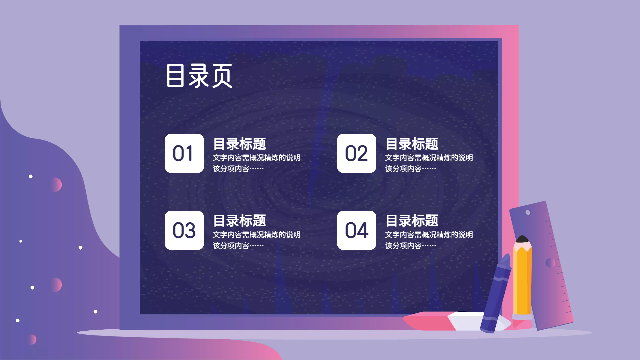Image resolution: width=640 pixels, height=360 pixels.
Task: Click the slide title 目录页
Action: [x=199, y=76]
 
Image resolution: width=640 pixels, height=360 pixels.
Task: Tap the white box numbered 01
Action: [x=184, y=153]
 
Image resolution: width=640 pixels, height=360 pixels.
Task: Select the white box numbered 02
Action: [x=357, y=153]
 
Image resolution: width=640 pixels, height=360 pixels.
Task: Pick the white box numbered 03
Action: [x=184, y=230]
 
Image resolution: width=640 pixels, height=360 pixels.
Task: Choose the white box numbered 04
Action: [x=357, y=230]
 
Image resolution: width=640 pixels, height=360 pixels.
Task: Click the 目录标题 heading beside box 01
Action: [x=240, y=144]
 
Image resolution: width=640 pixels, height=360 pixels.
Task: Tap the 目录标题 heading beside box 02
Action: [x=412, y=144]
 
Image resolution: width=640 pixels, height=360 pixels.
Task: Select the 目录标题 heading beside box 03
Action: [x=240, y=221]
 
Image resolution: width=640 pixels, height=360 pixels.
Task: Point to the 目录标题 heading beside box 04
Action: [x=412, y=221]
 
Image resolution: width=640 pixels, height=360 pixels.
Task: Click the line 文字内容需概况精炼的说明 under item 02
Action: [x=429, y=158]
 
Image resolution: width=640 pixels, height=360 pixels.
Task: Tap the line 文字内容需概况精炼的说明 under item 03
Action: [x=257, y=235]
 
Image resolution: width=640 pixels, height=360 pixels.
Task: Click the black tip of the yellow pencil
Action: [x=522, y=239]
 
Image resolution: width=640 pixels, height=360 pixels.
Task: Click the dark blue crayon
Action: [x=496, y=293]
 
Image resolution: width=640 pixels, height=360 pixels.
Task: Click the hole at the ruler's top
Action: [x=528, y=212]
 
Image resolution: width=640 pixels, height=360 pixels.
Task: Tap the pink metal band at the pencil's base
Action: [x=522, y=317]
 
